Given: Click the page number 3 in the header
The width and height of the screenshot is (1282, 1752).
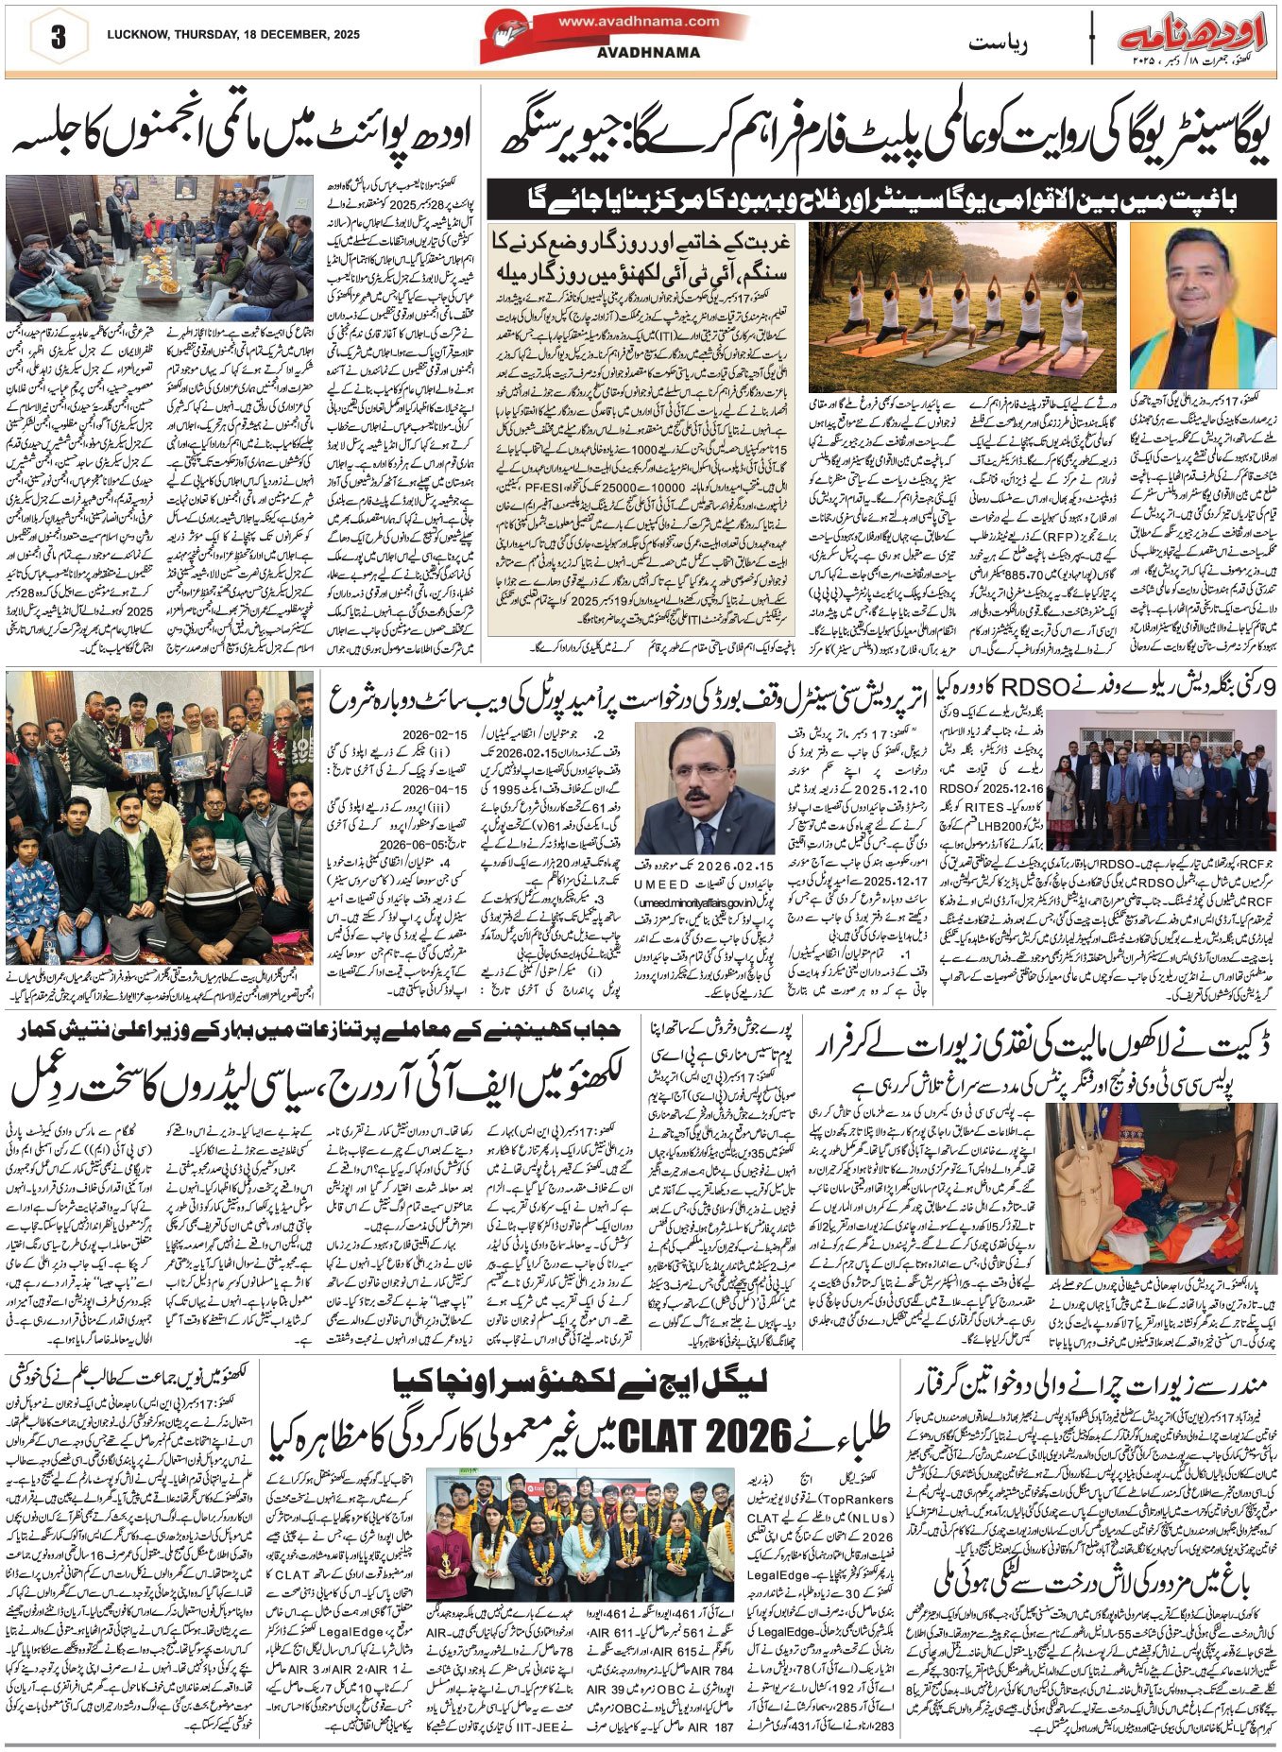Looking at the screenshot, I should [x=59, y=37].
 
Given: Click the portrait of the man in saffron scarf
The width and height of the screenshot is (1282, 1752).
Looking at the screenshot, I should [x=1203, y=306].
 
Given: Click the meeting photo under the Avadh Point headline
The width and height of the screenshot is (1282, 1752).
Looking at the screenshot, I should [x=163, y=249].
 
